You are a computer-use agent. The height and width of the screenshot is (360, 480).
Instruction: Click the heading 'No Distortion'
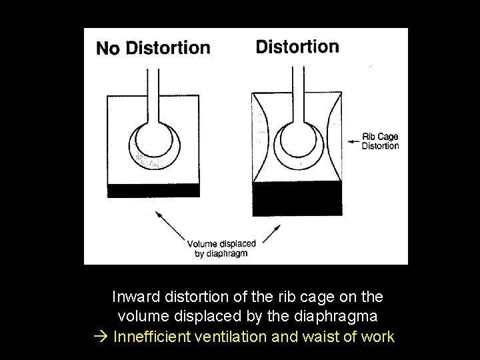[153, 48]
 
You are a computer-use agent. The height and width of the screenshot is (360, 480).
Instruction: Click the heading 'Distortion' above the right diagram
[297, 47]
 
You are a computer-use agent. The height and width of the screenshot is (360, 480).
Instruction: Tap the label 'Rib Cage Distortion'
[380, 141]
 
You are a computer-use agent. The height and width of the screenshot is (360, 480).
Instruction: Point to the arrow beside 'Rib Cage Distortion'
[353, 141]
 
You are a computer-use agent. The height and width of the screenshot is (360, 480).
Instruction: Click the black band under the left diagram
[153, 190]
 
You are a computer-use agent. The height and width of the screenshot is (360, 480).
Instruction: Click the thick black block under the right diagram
[297, 199]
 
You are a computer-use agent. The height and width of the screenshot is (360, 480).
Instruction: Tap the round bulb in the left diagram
[154, 141]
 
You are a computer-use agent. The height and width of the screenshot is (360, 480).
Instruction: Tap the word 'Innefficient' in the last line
[152, 336]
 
